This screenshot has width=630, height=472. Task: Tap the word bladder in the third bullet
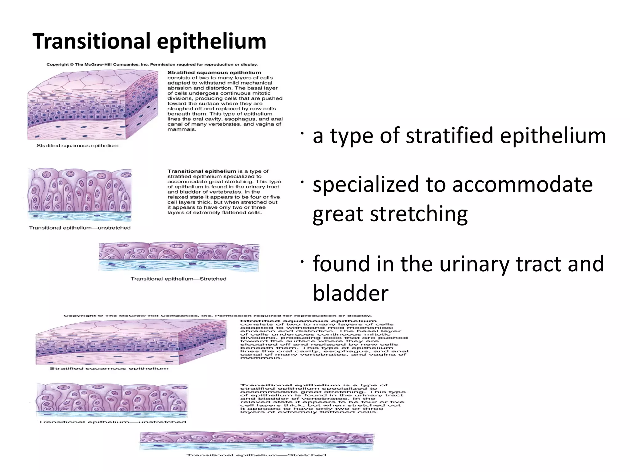[350, 293]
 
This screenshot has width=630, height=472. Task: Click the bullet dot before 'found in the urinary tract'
[302, 261]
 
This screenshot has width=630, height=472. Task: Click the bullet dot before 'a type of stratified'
[302, 133]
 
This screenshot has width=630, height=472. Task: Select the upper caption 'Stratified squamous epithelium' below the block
[77, 146]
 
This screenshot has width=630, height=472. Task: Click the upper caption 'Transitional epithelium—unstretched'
[80, 228]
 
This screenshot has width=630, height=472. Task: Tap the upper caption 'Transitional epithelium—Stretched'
[178, 279]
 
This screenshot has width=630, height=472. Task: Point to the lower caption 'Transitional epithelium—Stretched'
[256, 455]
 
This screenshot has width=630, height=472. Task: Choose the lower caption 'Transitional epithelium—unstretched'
[112, 422]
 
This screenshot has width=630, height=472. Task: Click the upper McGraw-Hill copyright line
[152, 65]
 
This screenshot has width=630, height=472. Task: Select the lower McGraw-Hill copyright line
[217, 316]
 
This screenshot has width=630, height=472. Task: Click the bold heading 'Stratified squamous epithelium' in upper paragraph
[214, 73]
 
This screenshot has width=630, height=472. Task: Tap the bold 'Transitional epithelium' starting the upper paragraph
[201, 171]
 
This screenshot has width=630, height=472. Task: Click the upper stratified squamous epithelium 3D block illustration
[92, 104]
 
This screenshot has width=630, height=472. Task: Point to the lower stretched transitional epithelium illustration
[257, 441]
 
